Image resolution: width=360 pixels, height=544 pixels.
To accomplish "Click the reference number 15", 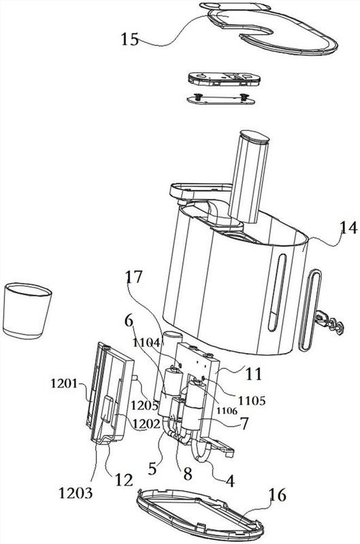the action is (x=130, y=39).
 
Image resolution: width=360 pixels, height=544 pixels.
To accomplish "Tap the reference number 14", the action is (x=348, y=228).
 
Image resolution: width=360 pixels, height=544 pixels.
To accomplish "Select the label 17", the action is (x=134, y=277).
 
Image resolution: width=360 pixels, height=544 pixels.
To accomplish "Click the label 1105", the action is (x=252, y=401).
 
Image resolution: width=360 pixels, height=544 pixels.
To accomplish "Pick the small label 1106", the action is (x=227, y=411).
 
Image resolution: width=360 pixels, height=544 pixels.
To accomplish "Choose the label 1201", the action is (x=64, y=384).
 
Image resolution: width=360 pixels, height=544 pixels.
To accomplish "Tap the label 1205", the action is (x=144, y=405).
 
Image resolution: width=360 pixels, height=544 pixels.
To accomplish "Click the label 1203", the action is (x=76, y=492).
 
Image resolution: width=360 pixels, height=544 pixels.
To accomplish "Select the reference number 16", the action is (x=278, y=495).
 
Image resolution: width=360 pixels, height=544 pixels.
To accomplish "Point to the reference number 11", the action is (x=254, y=374).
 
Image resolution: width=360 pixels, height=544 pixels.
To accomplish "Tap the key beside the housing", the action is (x=329, y=322).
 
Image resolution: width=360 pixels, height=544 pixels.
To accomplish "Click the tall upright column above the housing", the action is (x=248, y=176).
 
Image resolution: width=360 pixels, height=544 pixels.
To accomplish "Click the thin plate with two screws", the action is (x=220, y=99).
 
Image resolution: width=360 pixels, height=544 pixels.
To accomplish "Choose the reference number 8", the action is (x=188, y=474).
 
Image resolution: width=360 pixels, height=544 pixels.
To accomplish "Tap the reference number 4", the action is (x=230, y=481).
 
